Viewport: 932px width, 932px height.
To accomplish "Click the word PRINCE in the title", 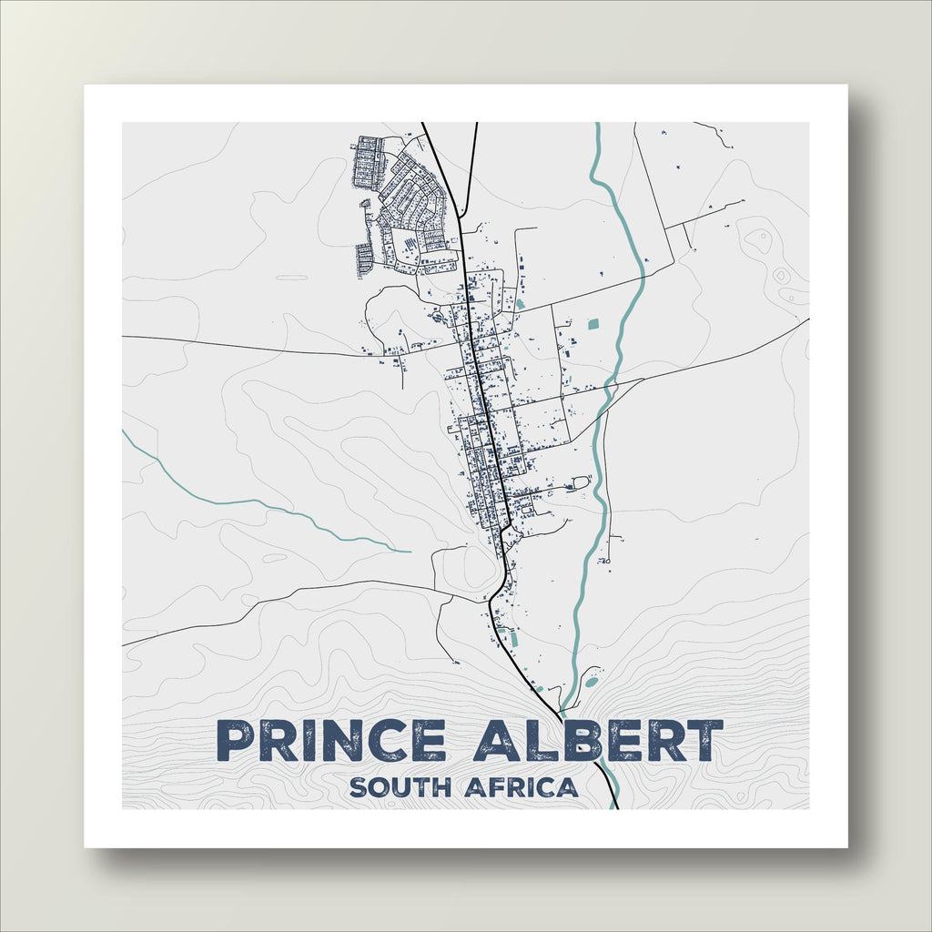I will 332,741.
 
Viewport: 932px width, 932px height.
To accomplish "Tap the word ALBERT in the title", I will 598,741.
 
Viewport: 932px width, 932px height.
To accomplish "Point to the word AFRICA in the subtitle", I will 522,787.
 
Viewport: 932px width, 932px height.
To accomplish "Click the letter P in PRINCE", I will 235,741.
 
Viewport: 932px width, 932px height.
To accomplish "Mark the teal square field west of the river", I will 594,323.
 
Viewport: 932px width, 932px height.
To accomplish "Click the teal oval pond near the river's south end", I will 592,682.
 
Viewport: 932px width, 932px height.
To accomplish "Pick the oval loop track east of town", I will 580,482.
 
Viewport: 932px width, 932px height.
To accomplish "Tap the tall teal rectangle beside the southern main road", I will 514,640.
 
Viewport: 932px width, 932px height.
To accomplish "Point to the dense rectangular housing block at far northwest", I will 368,162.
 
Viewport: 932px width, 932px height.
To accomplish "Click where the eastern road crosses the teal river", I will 613,388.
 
